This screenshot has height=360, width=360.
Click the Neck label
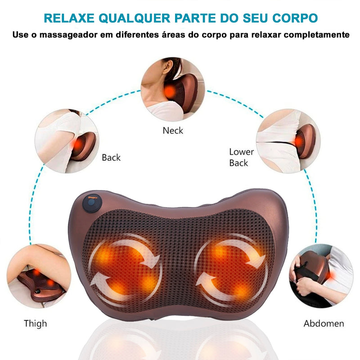point(173,130)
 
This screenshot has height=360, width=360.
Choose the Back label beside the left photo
point(111,157)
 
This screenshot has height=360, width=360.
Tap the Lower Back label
point(241,157)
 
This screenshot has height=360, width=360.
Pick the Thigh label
point(36,323)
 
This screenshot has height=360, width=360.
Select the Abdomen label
point(324,323)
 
